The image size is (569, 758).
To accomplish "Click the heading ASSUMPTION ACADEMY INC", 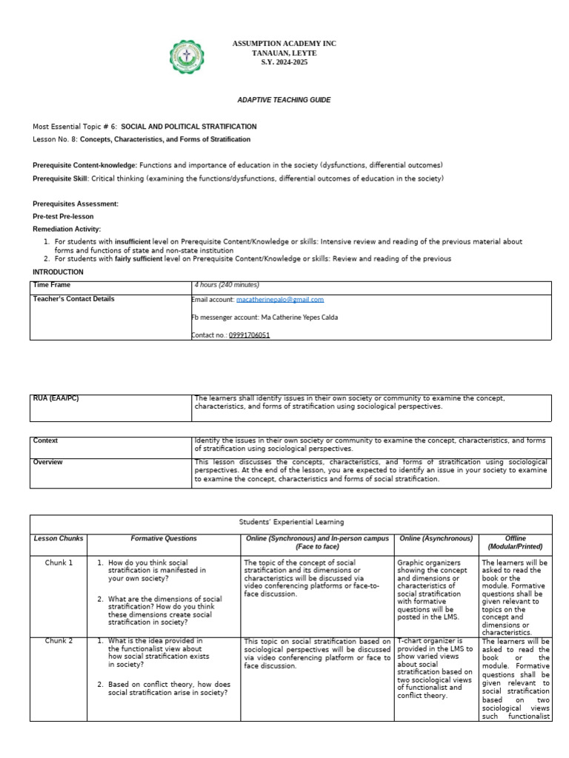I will [x=284, y=44].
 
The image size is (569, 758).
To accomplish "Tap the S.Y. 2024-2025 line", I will [x=284, y=62].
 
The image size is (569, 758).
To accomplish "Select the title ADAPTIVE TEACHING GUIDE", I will [x=284, y=99].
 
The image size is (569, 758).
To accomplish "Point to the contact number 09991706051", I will [x=249, y=335].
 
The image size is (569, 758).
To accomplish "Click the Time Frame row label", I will [x=50, y=285].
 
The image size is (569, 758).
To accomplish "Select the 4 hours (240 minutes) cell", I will [x=227, y=285].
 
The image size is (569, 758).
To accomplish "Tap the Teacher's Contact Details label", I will [x=73, y=299].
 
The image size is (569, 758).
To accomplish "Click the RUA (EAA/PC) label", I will [x=56, y=398].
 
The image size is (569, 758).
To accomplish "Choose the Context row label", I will [x=46, y=440].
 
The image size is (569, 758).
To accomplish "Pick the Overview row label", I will [x=48, y=462].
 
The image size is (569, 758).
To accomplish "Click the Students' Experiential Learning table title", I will [x=290, y=523].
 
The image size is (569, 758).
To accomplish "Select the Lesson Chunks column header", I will [x=59, y=538].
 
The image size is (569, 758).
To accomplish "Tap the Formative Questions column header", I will [x=164, y=538].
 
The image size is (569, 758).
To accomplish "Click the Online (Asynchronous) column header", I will [x=436, y=538].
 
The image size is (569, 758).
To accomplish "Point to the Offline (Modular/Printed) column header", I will [x=516, y=543].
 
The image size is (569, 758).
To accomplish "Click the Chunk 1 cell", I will [x=59, y=563].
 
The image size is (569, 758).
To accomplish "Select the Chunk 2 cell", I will [x=59, y=641].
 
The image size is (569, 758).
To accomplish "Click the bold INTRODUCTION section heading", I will [x=58, y=272].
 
